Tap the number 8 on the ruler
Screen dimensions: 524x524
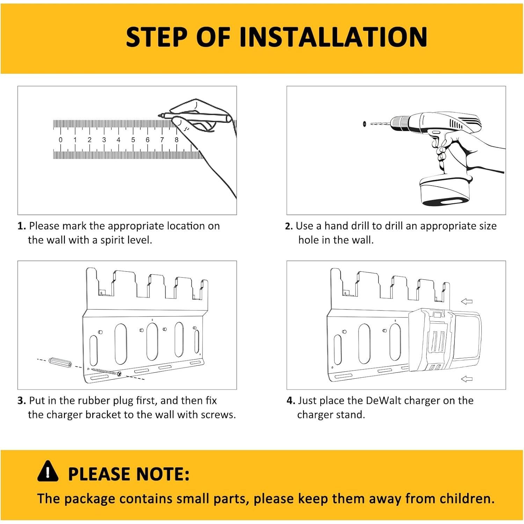(176, 140)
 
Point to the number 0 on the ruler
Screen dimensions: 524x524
(60, 140)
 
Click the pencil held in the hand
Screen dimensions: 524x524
(196, 117)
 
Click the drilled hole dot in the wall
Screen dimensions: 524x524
(364, 124)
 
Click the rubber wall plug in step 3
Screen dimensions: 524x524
(60, 363)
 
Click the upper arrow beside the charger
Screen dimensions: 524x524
(467, 301)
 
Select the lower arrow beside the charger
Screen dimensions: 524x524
(467, 379)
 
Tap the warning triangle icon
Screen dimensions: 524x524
(48, 471)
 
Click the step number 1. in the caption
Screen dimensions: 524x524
(22, 226)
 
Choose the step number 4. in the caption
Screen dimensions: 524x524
(291, 401)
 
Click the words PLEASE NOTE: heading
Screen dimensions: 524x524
(129, 474)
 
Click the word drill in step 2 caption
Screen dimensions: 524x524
(359, 226)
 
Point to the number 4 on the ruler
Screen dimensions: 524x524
(118, 140)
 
